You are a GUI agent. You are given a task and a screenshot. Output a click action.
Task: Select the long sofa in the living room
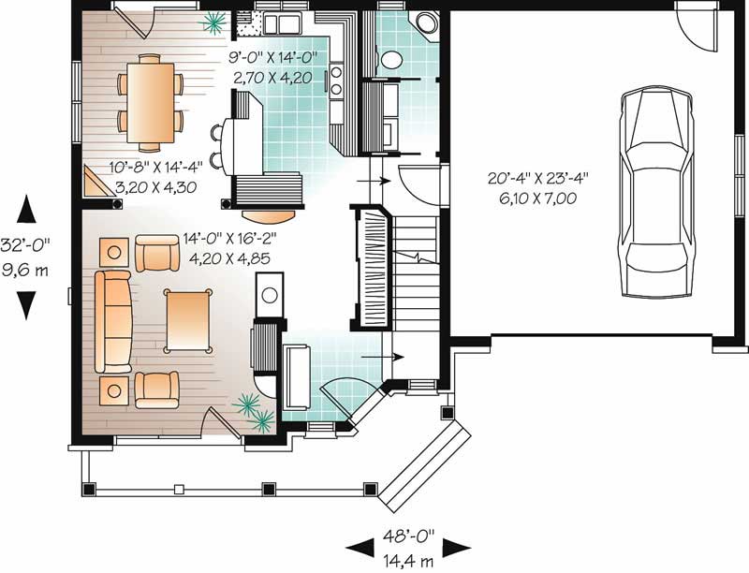click(x=112, y=324)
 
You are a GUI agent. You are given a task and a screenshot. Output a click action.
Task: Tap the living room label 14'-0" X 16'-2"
click(x=231, y=240)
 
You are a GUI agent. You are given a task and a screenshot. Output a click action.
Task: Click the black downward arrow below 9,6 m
click(x=27, y=304)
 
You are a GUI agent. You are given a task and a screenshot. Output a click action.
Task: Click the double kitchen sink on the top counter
click(x=280, y=22)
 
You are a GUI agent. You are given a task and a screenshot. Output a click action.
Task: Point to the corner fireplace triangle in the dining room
click(x=94, y=184)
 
